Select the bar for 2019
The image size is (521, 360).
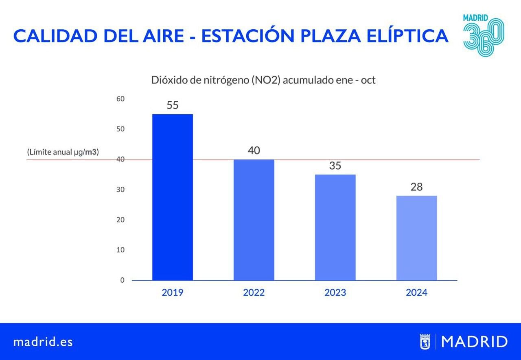tap(172, 197)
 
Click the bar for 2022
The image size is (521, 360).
tap(254, 220)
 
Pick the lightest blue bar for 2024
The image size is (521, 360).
tap(416, 238)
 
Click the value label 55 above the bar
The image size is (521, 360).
tap(173, 105)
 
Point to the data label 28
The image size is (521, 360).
tap(416, 187)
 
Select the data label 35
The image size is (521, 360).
tap(335, 166)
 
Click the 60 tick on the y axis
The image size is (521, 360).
tap(120, 99)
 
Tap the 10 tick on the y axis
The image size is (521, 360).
tap(120, 250)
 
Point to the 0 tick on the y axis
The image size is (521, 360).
tap(122, 280)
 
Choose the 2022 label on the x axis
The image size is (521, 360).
tap(254, 292)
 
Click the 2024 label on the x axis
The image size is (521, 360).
tap(416, 292)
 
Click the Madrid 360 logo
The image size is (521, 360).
tap(483, 36)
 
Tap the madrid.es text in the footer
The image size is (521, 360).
tap(43, 342)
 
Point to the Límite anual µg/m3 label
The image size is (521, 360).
tap(63, 152)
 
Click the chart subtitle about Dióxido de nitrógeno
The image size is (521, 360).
tap(263, 80)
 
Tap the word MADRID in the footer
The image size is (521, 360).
tap(474, 342)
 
